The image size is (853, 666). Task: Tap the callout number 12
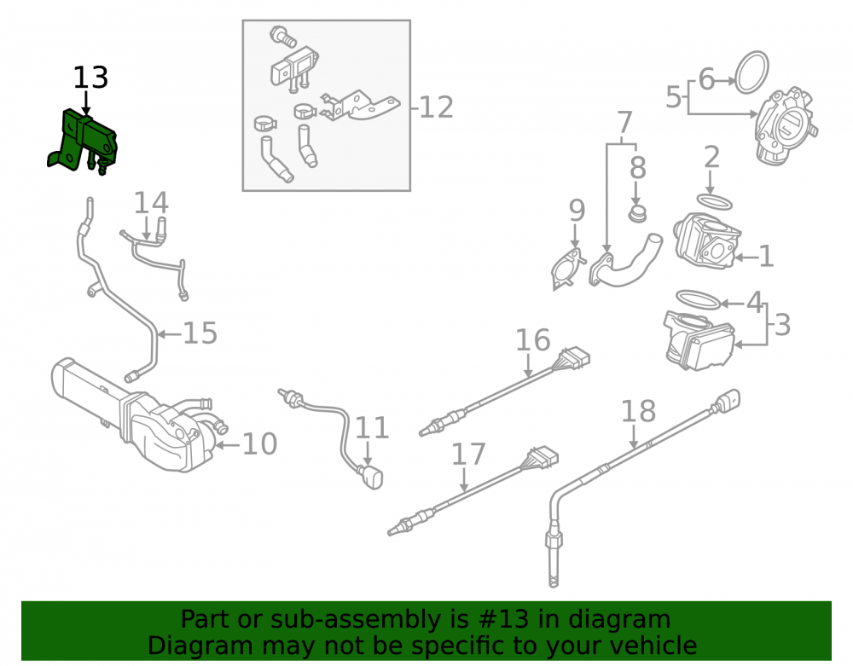(436, 107)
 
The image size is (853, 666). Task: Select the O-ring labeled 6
(751, 72)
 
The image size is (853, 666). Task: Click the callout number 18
(638, 411)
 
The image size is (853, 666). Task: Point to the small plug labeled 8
(637, 214)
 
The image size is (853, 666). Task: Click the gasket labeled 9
(568, 269)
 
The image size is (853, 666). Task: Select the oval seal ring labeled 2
(714, 202)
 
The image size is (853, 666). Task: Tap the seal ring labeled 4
(699, 299)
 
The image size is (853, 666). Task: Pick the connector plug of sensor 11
(372, 478)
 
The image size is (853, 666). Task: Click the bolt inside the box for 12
(282, 36)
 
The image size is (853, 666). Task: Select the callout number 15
(200, 333)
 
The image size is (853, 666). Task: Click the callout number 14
(151, 202)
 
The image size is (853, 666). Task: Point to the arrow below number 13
(86, 103)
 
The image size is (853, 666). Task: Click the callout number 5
(674, 96)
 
